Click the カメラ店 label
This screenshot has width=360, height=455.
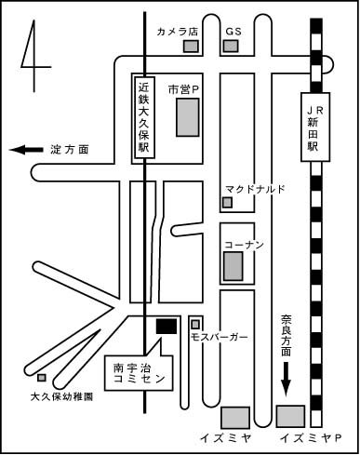[178, 32]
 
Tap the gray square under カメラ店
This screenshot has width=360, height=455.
[191, 47]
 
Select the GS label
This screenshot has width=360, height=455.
[233, 32]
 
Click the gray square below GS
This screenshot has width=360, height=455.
[231, 47]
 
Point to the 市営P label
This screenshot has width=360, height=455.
[183, 89]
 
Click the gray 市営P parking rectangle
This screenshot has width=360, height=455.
[188, 117]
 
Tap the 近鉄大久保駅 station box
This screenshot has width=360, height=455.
[144, 118]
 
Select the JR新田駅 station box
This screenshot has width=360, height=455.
[315, 127]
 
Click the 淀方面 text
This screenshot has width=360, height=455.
[70, 150]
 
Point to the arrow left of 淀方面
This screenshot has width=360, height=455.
[26, 150]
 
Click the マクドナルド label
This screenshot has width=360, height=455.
[255, 189]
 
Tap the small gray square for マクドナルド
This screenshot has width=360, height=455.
[227, 203]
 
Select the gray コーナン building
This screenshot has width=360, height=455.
[233, 266]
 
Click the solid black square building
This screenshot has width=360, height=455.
[167, 327]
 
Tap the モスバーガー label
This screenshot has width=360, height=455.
[220, 337]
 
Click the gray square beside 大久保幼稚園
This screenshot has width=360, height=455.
[42, 378]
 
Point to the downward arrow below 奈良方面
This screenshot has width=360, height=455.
[286, 380]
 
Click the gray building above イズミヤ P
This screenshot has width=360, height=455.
[290, 416]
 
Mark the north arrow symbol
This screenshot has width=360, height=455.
[33, 56]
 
